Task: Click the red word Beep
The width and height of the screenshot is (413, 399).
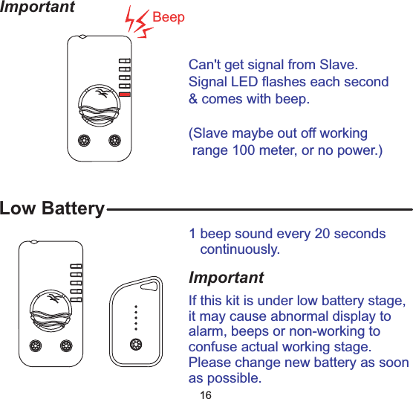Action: click(168, 17)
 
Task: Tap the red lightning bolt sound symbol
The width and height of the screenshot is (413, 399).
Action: click(139, 24)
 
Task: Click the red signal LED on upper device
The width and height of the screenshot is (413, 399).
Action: click(125, 95)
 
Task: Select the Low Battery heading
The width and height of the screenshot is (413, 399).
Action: click(52, 208)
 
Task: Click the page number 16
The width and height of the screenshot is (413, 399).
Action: click(206, 394)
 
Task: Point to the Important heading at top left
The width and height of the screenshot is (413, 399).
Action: click(37, 7)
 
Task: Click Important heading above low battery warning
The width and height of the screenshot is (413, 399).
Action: click(226, 278)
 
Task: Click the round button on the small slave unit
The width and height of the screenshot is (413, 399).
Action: click(135, 343)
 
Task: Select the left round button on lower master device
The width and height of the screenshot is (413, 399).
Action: click(36, 346)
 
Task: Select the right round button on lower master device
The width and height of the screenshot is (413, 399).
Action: click(66, 346)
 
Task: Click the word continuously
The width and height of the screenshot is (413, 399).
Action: click(240, 249)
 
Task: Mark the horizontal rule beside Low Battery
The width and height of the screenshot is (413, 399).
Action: click(259, 210)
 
